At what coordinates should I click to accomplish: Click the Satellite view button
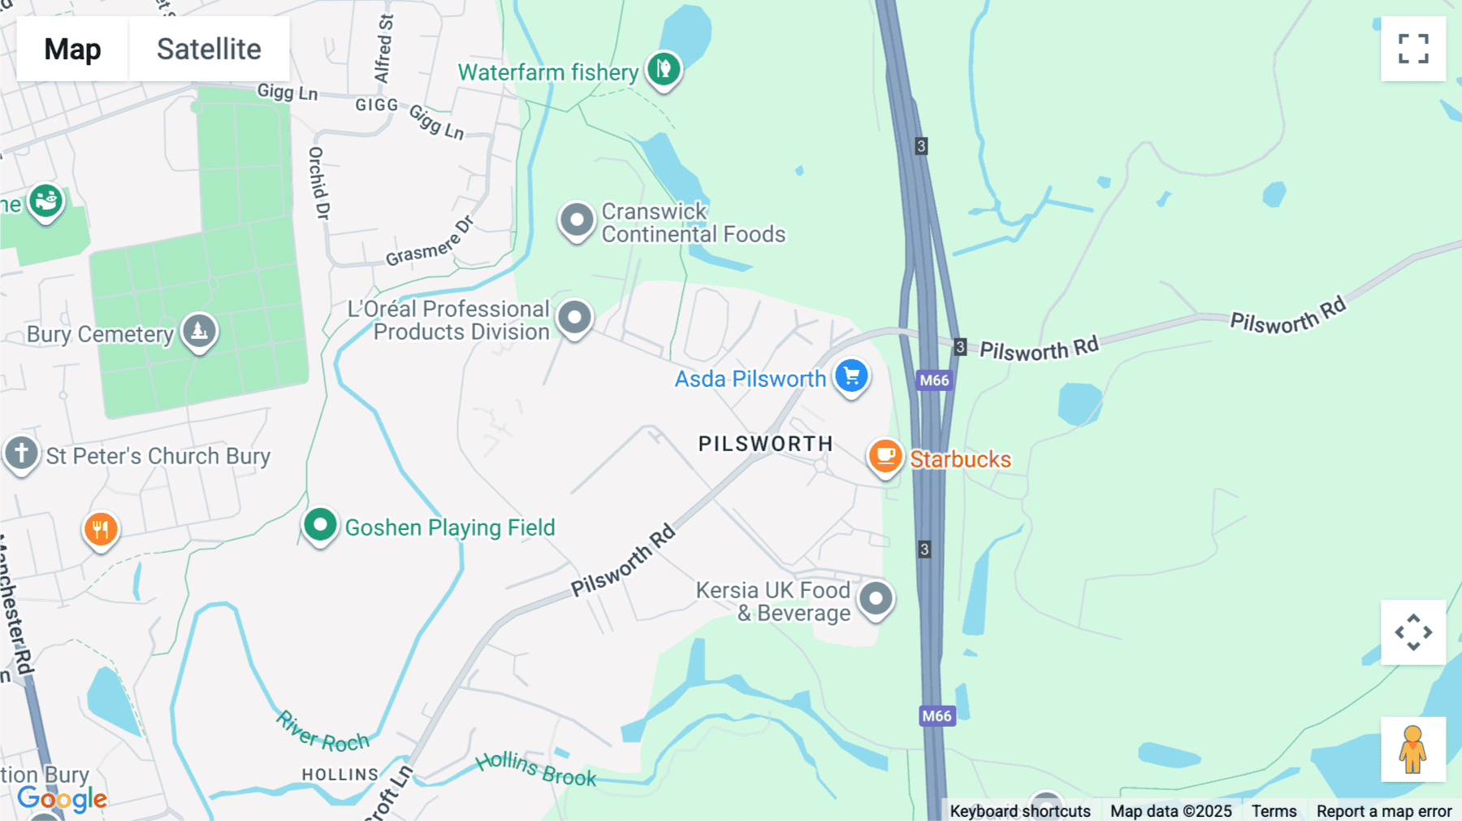click(209, 49)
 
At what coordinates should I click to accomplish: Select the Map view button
click(72, 49)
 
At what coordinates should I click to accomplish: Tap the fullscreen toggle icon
click(1413, 49)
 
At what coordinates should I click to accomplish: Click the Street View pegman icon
click(1413, 749)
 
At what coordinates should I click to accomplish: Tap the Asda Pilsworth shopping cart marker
click(851, 376)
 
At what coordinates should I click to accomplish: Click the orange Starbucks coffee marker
click(885, 457)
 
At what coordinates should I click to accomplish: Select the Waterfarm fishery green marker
click(664, 69)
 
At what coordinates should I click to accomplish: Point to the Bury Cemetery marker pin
click(199, 331)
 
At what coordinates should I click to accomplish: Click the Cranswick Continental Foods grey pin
click(577, 220)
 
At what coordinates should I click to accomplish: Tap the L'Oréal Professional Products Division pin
click(574, 317)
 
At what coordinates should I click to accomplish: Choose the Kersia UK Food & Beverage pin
click(876, 600)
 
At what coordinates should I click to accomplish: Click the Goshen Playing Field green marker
click(320, 525)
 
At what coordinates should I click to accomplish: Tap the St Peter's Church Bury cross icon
click(21, 453)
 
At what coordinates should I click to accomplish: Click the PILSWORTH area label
click(765, 444)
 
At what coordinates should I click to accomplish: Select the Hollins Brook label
click(536, 768)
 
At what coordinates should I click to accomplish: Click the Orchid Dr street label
click(319, 183)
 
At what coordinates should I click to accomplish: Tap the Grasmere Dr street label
click(430, 242)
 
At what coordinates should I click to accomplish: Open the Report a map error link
click(1383, 810)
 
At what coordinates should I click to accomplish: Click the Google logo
click(62, 799)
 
